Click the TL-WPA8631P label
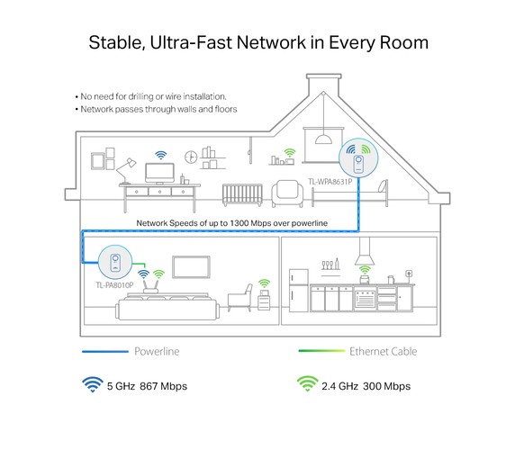pyautogui.click(x=330, y=182)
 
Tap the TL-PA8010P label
pyautogui.click(x=114, y=285)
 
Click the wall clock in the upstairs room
pyautogui.click(x=191, y=157)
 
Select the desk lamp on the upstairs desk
pyautogui.click(x=125, y=171)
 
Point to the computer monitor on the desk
pyautogui.click(x=159, y=173)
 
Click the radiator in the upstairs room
pyautogui.click(x=242, y=195)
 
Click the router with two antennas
pyautogui.click(x=150, y=285)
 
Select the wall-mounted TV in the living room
pyautogui.click(x=191, y=266)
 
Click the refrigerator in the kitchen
pyautogui.click(x=299, y=291)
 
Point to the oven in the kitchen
pyautogui.click(x=365, y=298)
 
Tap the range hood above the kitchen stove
pyautogui.click(x=365, y=251)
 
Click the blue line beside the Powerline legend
pyautogui.click(x=105, y=352)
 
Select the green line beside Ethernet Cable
pyautogui.click(x=322, y=351)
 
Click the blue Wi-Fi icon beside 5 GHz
pyautogui.click(x=93, y=384)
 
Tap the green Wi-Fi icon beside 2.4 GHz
pyautogui.click(x=307, y=383)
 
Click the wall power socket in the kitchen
pyautogui.click(x=409, y=273)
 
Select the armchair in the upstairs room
pyautogui.click(x=287, y=193)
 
